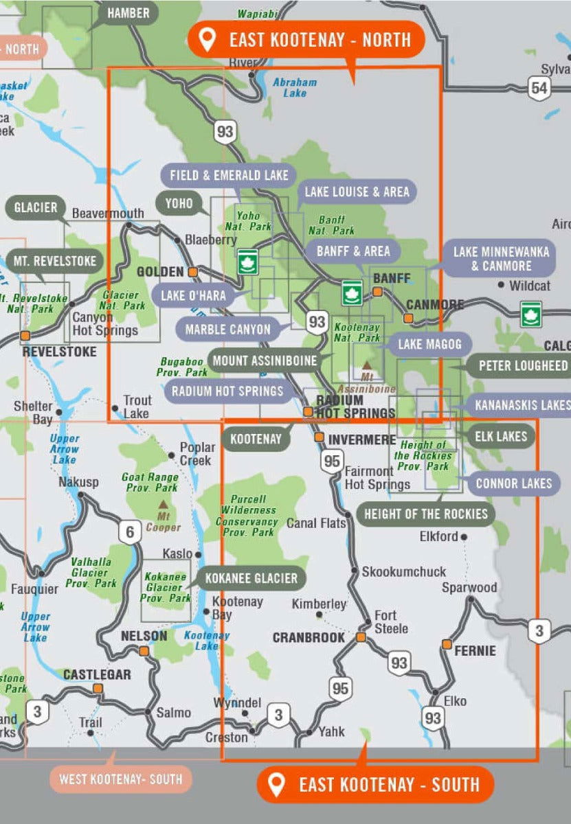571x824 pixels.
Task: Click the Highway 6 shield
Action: [x=128, y=531]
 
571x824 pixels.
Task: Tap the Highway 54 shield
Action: [x=539, y=87]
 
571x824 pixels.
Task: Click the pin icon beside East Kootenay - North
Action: [x=207, y=40]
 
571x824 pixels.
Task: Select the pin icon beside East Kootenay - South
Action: [x=277, y=784]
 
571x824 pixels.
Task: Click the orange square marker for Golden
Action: [x=194, y=272]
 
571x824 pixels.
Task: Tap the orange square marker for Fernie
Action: [x=447, y=645]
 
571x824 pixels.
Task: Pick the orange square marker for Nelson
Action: [x=144, y=650]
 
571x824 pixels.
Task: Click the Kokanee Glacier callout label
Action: [x=251, y=578]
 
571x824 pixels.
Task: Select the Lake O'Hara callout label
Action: [x=192, y=295]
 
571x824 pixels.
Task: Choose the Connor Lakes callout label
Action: [x=514, y=483]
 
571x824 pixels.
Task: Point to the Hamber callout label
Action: [x=128, y=12]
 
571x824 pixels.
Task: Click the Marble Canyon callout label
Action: [x=227, y=329]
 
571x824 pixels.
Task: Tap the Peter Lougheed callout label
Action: [x=522, y=365]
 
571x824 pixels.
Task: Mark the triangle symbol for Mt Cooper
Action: [x=163, y=505]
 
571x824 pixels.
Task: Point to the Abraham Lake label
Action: [x=295, y=87]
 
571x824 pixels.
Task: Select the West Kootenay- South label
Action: [x=120, y=779]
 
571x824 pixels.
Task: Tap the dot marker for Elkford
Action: [x=464, y=537]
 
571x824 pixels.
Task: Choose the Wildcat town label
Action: [x=529, y=285]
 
